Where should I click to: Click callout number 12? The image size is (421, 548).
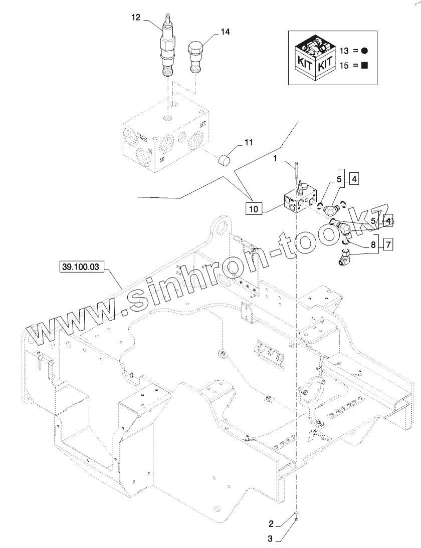[x=136, y=17]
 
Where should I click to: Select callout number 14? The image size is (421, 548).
[x=225, y=32]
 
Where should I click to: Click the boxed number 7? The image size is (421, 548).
[x=389, y=244]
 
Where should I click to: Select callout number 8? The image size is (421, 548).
[x=372, y=245]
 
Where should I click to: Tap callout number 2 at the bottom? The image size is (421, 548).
[x=271, y=524]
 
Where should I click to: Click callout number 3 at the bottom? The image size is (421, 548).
[x=271, y=539]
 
